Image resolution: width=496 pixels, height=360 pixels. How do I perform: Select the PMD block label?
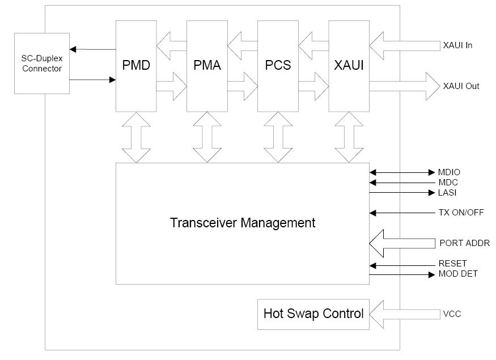point(136,65)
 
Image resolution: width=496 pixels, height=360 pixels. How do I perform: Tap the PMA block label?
point(207,65)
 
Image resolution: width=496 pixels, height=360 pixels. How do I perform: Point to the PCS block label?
point(278,65)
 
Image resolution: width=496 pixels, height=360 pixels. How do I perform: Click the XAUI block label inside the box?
point(349,65)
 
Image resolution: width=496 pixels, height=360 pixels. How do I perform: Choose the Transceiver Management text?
point(243,223)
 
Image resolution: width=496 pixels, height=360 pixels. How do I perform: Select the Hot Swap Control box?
point(313,314)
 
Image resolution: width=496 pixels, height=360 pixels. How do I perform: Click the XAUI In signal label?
point(457,45)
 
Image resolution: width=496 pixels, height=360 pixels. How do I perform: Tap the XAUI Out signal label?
point(461,86)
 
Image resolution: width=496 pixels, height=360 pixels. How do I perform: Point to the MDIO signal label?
point(450,172)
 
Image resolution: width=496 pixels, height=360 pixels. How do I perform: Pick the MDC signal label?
point(448,183)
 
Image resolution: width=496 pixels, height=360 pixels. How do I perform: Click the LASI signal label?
point(447,193)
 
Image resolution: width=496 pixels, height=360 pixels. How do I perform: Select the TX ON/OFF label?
point(461,213)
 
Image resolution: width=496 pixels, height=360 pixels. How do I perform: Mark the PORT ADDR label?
point(464,243)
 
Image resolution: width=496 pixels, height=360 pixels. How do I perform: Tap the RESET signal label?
point(452,264)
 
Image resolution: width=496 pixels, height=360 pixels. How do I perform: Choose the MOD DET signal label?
point(458,274)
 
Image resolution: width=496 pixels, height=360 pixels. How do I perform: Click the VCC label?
point(451,314)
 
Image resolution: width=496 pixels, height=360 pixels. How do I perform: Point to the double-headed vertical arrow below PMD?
point(136,137)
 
